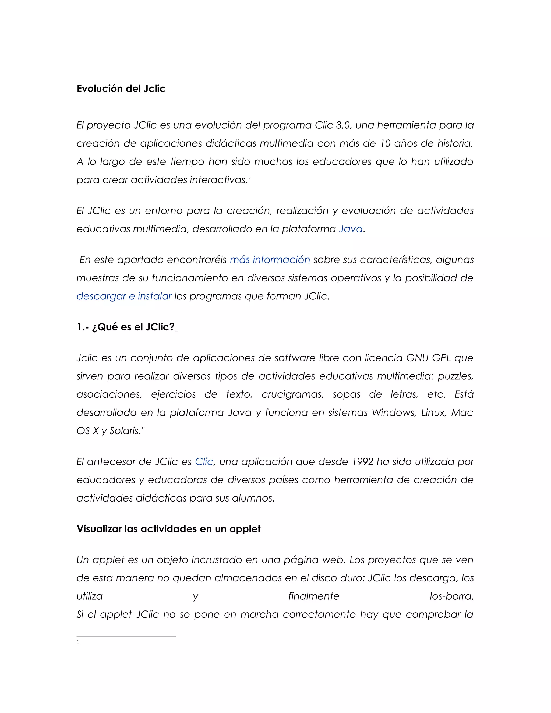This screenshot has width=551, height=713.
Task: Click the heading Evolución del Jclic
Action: [121, 89]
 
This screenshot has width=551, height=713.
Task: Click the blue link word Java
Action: [351, 229]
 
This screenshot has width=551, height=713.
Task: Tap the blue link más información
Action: [270, 260]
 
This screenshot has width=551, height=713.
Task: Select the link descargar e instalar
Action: [124, 296]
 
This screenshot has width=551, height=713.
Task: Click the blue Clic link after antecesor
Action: [204, 462]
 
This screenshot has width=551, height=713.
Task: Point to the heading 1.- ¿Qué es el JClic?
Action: [126, 327]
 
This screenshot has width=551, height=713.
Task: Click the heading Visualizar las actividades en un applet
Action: [168, 529]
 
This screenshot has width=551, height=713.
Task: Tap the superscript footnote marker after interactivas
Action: [250, 177]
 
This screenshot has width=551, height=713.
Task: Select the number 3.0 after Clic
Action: [343, 125]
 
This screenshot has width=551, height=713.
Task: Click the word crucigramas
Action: [292, 394]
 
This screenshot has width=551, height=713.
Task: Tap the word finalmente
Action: [314, 596]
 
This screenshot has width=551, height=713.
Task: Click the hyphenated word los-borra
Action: [451, 596]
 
